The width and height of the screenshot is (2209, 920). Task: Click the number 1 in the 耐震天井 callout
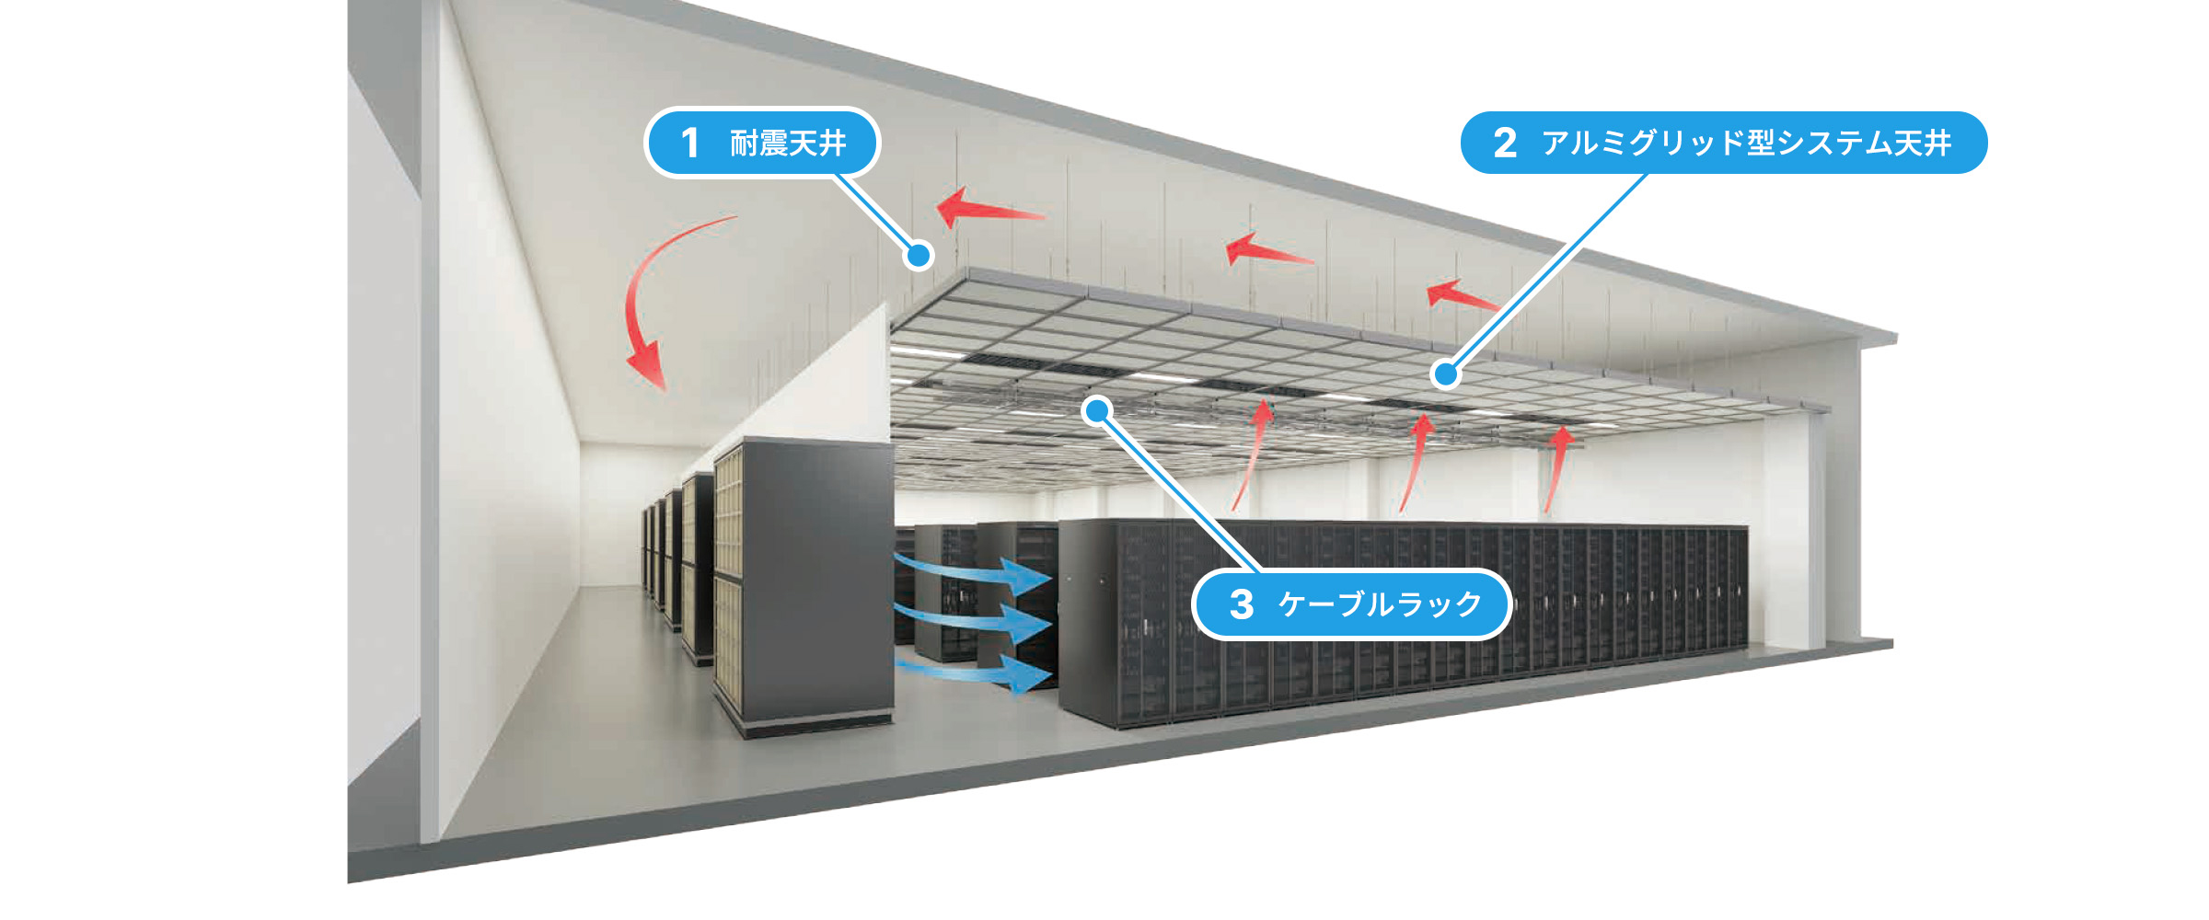pos(690,143)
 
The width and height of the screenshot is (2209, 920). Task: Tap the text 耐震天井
pos(788,143)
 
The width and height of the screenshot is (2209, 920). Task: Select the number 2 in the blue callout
pos(1505,143)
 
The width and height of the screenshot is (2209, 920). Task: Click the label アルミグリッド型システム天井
pos(1747,143)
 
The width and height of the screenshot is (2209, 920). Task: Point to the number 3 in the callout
pos(1242,604)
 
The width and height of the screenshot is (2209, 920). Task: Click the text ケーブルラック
pos(1381,604)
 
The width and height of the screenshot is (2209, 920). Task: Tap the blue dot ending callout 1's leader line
pos(919,256)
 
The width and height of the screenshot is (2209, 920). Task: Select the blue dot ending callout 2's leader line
pos(1446,374)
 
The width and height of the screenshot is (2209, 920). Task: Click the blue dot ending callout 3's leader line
pos(1097,411)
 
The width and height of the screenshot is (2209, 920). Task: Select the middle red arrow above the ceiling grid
pos(1268,251)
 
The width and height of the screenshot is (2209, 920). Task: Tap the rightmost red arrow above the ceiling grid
pos(1462,295)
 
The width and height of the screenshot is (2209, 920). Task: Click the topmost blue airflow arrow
pos(976,570)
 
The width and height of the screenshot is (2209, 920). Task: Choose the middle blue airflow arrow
pos(976,622)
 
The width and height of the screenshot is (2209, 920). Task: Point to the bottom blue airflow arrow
pos(976,673)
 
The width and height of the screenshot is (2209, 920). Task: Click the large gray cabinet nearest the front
pos(803,587)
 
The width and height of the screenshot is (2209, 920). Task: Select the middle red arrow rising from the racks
pos(1414,462)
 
